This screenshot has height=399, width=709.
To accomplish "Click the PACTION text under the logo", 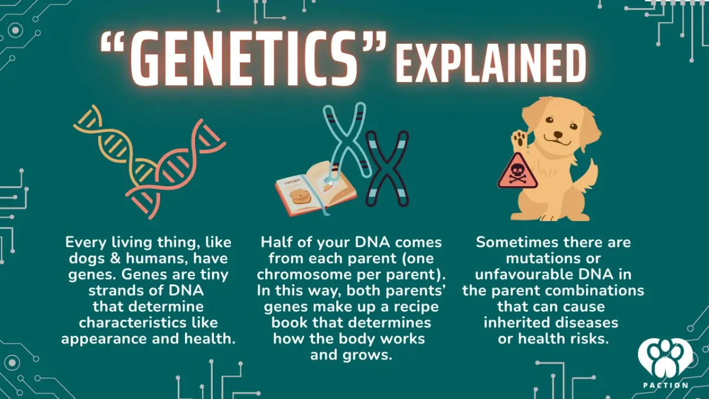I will [x=665, y=385].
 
